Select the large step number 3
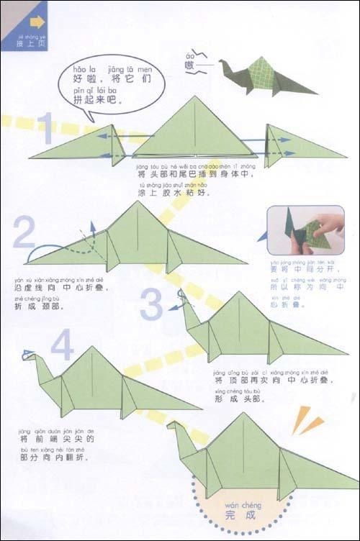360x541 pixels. pyautogui.click(x=152, y=304)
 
